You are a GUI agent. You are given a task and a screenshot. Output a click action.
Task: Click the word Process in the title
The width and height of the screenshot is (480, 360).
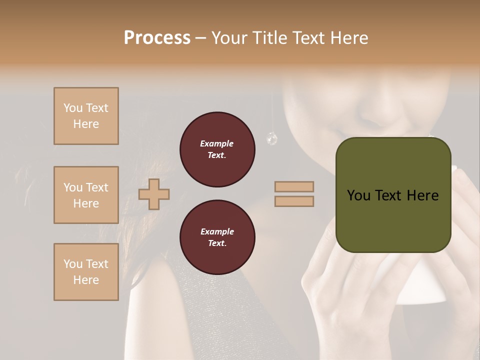point(157,38)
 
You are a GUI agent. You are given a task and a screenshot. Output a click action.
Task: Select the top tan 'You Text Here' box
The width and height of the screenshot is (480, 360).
point(86,116)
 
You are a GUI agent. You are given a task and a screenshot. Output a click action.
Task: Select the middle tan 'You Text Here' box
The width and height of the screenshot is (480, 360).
point(86,195)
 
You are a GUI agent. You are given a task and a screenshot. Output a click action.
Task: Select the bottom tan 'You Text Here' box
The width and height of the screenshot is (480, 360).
point(86,272)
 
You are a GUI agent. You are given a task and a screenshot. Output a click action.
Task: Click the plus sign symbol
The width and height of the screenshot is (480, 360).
point(154,194)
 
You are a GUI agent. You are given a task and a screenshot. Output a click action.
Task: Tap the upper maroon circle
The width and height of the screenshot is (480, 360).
point(217,149)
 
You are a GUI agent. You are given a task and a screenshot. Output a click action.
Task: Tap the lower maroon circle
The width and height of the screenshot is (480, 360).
point(217,237)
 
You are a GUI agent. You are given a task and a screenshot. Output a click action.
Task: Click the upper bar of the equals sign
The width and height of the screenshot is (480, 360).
point(294,187)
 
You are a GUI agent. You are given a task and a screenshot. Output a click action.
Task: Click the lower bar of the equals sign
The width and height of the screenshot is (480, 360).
point(294,201)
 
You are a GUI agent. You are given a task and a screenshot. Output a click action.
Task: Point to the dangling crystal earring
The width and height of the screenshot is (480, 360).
point(271,138)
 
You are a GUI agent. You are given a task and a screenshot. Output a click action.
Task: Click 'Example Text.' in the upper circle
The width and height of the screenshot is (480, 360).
point(217,149)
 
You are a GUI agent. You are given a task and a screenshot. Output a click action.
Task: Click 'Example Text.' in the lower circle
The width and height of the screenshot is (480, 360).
point(217,237)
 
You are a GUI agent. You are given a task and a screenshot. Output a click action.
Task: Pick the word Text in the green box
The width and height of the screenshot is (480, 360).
point(392,195)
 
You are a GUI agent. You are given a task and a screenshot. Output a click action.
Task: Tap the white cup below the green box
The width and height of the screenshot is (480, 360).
point(425,285)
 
